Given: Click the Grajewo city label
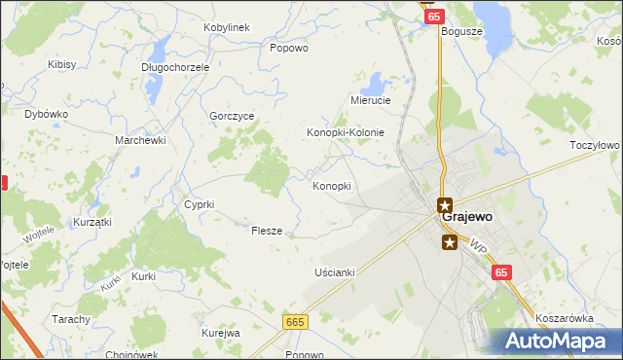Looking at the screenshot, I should [472, 217].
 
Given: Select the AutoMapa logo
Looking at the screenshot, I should [559, 342].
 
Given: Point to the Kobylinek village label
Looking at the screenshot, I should [227, 27].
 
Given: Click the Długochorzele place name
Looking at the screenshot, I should [174, 68].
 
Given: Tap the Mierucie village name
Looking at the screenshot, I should [370, 100].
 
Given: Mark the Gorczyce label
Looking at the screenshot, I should [232, 116].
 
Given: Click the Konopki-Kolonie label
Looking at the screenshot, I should [346, 132].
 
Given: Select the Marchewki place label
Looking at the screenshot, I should [141, 140].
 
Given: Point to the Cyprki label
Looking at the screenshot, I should [199, 204].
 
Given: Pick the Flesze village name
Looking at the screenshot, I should [267, 232].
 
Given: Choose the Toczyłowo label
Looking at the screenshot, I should [595, 145].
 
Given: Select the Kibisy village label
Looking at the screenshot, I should [62, 64].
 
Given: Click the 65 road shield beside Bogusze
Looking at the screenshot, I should [434, 17].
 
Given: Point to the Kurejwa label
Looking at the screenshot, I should [221, 333].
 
